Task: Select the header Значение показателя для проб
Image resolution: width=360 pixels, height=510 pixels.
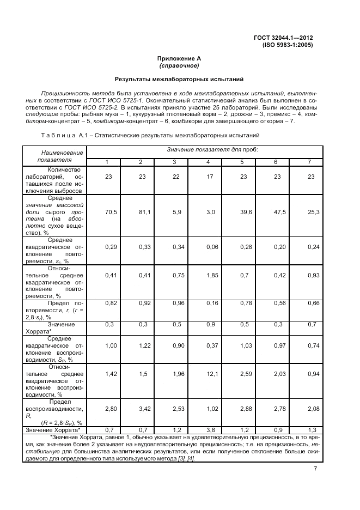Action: [205, 149]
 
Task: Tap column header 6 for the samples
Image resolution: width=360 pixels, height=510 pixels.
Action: [276, 162]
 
